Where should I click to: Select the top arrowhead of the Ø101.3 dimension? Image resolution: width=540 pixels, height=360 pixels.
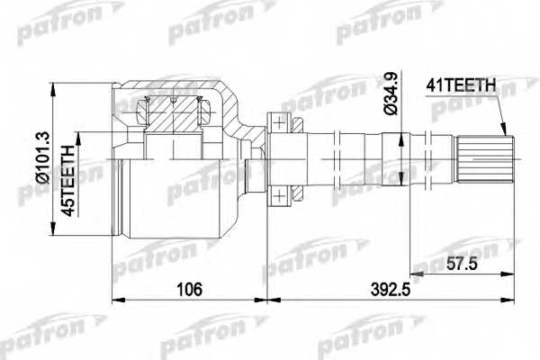coord(56,86)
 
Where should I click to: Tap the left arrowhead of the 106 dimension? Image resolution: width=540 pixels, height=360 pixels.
coord(113,300)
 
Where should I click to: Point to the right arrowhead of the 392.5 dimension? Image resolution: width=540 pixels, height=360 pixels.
coord(512,300)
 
